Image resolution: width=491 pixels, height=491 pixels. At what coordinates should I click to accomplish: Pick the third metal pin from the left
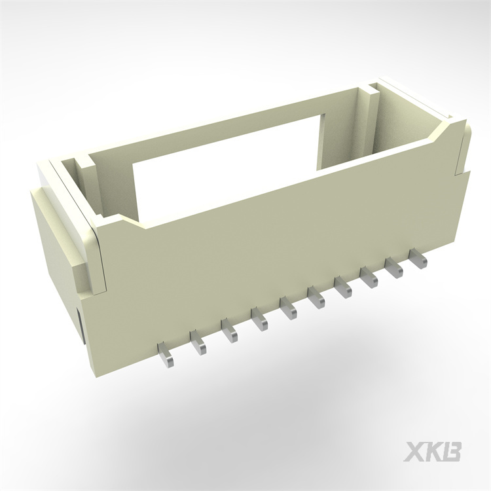pyautogui.click(x=229, y=329)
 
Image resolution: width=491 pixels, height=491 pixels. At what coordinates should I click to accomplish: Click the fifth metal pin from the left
pyautogui.click(x=288, y=306)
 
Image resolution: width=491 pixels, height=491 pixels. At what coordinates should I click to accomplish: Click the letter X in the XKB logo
pyautogui.click(x=416, y=451)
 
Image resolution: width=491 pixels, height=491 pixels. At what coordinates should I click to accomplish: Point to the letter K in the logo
pyautogui.click(x=435, y=451)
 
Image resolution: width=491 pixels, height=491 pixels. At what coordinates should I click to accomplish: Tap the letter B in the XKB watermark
pyautogui.click(x=453, y=451)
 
